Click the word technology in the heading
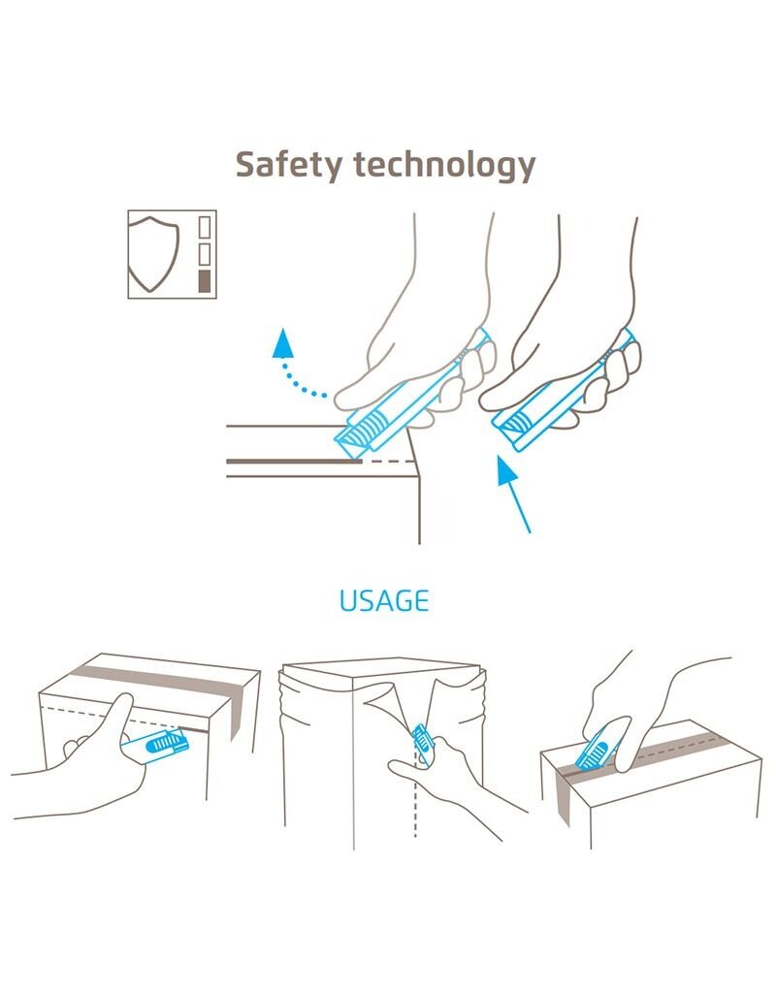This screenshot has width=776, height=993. click(444, 165)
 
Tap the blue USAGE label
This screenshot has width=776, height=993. click(384, 600)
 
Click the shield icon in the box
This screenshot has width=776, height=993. click(153, 254)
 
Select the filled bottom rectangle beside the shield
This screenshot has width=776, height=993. click(204, 281)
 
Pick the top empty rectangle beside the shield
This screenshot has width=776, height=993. click(204, 227)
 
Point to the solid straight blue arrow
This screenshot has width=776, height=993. click(514, 494)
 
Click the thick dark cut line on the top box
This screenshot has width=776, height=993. click(294, 461)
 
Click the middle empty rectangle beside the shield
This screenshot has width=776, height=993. click(204, 254)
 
